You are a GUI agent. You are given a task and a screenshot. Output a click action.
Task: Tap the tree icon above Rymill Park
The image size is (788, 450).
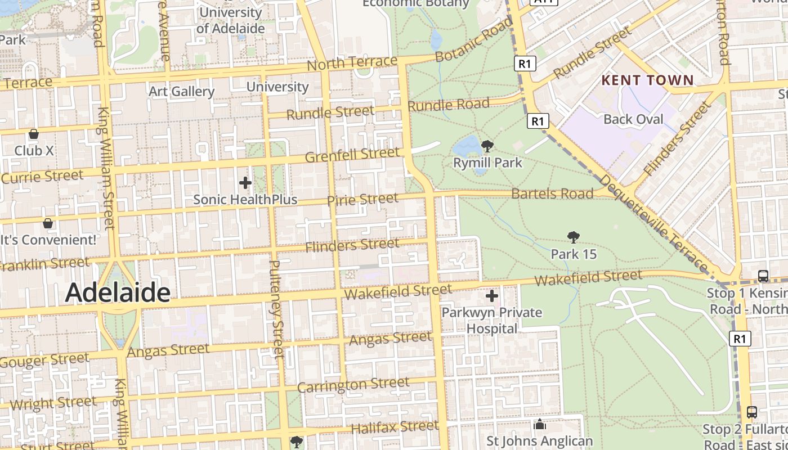tap(487, 147)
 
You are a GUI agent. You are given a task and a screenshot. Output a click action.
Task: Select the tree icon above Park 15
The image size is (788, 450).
tap(574, 237)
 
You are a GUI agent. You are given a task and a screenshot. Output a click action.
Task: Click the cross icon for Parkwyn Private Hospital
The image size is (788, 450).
tap(492, 295)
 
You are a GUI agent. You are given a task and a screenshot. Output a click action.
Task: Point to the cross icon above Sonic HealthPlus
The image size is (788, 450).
tap(245, 183)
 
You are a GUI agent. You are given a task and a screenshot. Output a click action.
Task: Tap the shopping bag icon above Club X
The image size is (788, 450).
tap(34, 134)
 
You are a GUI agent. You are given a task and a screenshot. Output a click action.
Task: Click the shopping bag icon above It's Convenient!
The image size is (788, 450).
tap(48, 223)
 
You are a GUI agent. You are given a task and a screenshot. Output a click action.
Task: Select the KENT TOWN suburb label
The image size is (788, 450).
tap(647, 80)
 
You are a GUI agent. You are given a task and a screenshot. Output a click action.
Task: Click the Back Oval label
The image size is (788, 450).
tap(633, 119)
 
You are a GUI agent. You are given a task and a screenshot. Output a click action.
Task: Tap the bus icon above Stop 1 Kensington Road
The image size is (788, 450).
tap(763, 276)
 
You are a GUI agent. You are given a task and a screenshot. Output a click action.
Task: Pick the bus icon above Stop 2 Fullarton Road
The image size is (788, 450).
tap(752, 412)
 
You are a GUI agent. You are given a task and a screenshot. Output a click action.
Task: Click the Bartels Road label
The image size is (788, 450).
tap(552, 194)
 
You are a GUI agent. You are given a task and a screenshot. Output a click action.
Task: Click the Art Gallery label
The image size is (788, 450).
tap(182, 91)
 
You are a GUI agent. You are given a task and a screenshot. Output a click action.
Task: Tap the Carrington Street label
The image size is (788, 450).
tap(353, 385)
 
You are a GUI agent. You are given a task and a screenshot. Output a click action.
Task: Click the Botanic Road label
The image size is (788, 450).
tap(474, 40)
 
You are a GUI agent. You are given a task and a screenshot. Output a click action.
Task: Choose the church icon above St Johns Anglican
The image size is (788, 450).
tap(540, 424)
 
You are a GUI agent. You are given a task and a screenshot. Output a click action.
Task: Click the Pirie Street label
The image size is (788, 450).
tap(362, 200)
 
